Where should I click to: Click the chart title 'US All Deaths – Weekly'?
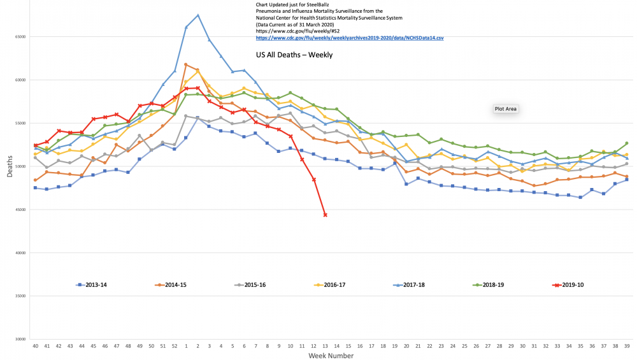pos(294,55)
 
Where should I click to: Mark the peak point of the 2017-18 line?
pos(197,15)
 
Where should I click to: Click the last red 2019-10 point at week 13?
pos(326,215)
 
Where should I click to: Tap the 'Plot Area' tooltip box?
pos(506,109)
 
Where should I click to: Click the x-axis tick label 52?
pos(174,345)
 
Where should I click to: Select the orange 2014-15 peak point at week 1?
pos(186,64)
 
